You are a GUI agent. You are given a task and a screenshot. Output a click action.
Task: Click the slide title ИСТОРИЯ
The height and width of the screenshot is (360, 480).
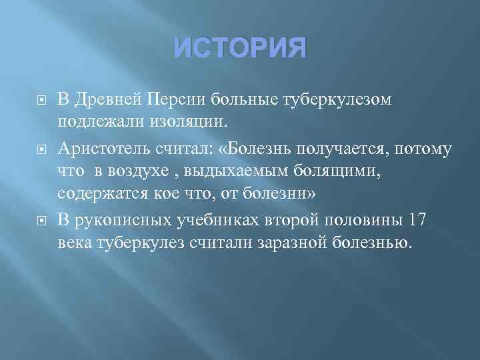click(x=240, y=49)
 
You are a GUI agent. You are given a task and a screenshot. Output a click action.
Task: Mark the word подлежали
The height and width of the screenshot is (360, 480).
click(x=93, y=123)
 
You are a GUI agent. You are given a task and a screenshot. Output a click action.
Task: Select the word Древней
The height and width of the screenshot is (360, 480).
click(x=107, y=99)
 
